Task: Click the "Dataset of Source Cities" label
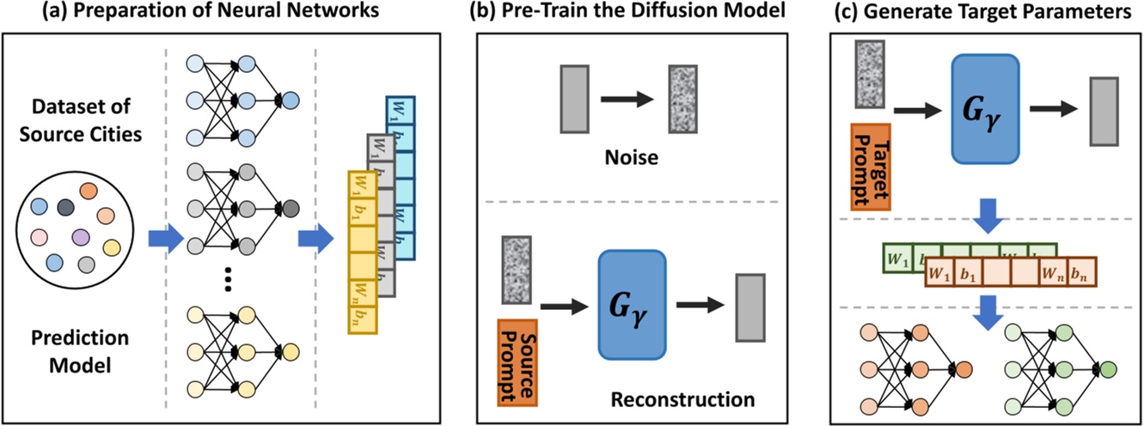[80, 123]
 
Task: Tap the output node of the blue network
[290, 100]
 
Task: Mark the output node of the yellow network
[290, 351]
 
